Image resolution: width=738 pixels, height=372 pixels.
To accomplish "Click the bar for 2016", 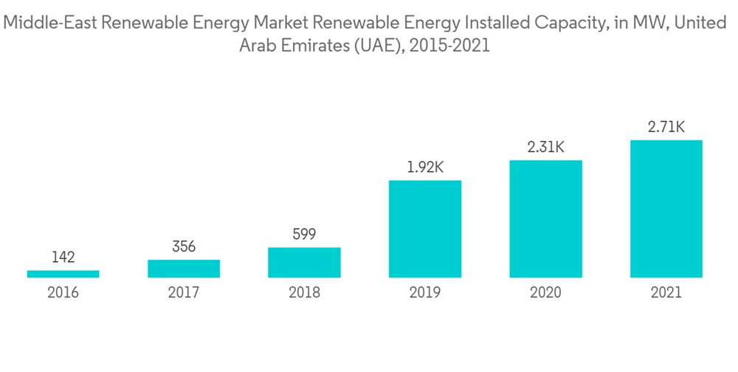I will (x=63, y=274).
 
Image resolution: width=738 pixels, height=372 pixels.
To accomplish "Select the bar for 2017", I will (x=184, y=269).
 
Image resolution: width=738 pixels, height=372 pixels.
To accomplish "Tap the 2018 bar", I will (x=304, y=263).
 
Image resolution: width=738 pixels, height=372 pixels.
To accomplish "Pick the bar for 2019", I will (x=425, y=229).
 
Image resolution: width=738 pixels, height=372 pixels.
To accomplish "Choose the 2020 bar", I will (x=545, y=219).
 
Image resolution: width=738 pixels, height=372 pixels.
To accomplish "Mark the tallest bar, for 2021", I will (x=666, y=209).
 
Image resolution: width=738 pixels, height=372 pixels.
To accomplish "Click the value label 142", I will (x=63, y=258).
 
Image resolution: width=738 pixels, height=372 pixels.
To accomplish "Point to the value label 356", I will (x=184, y=247).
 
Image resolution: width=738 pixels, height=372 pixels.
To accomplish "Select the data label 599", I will (x=304, y=235).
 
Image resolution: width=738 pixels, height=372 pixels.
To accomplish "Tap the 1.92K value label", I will (x=425, y=168).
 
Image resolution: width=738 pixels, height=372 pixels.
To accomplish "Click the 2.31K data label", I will (x=545, y=148).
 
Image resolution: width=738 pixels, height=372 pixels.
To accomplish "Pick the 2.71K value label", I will (x=666, y=128).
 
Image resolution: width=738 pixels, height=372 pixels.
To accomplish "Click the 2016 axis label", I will (x=63, y=293).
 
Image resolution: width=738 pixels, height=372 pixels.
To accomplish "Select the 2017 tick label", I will (x=184, y=293).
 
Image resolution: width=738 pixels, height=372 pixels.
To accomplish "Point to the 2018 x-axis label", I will (x=304, y=293).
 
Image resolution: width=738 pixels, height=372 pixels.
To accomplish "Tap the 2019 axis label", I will (x=425, y=293).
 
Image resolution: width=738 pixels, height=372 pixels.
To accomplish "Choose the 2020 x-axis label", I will (x=545, y=293).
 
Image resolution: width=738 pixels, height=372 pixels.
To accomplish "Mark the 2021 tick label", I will (x=666, y=293).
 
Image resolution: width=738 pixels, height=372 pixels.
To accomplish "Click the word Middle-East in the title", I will (x=48, y=23).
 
